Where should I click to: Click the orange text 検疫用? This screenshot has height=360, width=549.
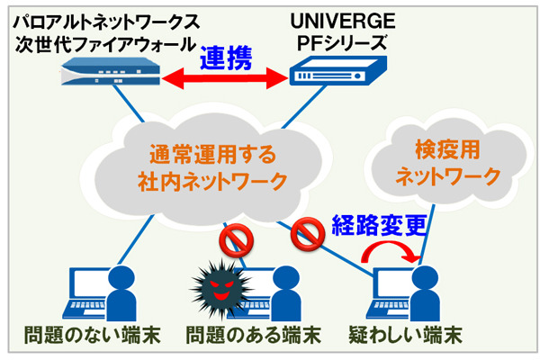(449, 147)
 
